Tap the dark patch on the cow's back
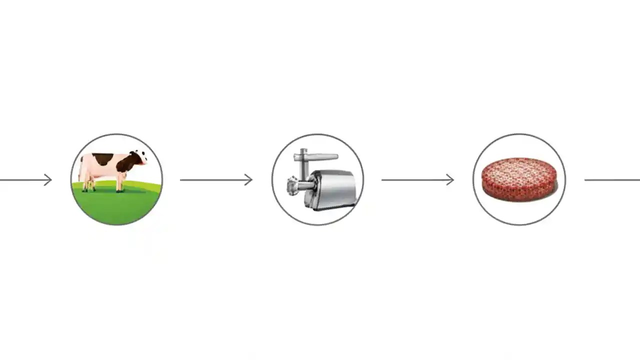103,159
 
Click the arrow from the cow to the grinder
215,179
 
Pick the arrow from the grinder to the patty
416,179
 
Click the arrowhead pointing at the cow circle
48,179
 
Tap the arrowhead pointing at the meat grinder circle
249,179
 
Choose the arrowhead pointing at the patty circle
450,179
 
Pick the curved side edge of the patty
518,194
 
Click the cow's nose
145,162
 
